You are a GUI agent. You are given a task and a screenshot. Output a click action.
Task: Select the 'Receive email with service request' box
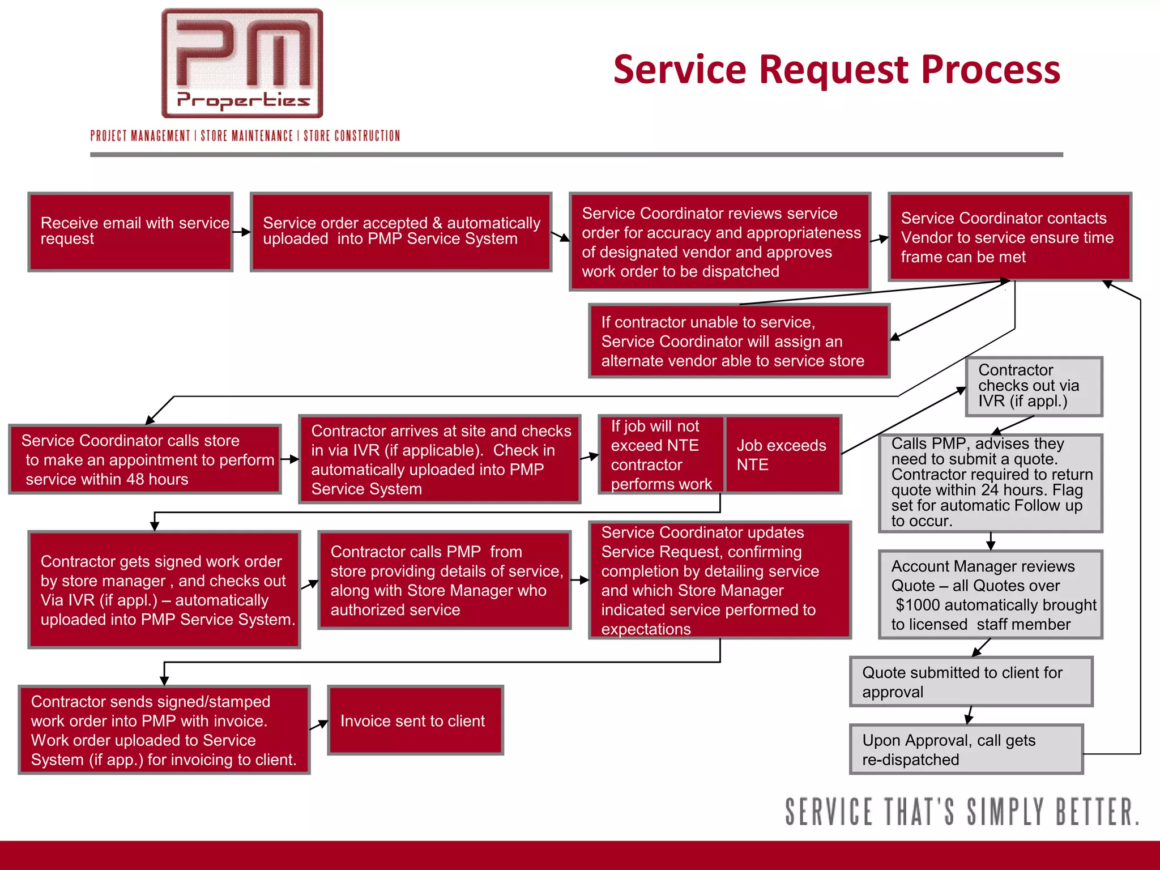(x=130, y=232)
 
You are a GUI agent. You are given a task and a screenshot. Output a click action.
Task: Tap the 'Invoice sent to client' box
(x=415, y=720)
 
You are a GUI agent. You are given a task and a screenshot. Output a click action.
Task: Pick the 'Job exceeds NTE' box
(x=783, y=455)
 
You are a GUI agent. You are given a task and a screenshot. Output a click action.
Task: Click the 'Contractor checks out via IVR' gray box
(x=1034, y=386)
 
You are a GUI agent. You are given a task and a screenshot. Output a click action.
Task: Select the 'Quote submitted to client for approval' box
(x=970, y=682)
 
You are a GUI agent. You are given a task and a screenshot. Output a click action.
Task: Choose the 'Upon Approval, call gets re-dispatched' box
(x=966, y=749)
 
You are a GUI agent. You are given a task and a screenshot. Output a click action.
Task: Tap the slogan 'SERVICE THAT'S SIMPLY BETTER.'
(x=961, y=812)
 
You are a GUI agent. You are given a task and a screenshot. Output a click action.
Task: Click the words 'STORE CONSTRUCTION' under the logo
(x=352, y=136)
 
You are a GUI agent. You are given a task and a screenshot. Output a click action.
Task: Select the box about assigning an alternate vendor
(x=739, y=341)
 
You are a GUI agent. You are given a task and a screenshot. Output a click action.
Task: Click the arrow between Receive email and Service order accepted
(x=242, y=232)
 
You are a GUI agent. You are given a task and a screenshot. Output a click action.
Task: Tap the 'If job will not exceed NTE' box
(x=660, y=455)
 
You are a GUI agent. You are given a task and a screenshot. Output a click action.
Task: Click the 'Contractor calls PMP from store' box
(x=444, y=580)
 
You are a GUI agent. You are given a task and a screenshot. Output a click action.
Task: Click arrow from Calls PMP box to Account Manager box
(x=990, y=541)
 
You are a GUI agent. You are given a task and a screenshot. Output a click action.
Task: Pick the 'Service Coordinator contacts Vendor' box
(x=1009, y=237)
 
